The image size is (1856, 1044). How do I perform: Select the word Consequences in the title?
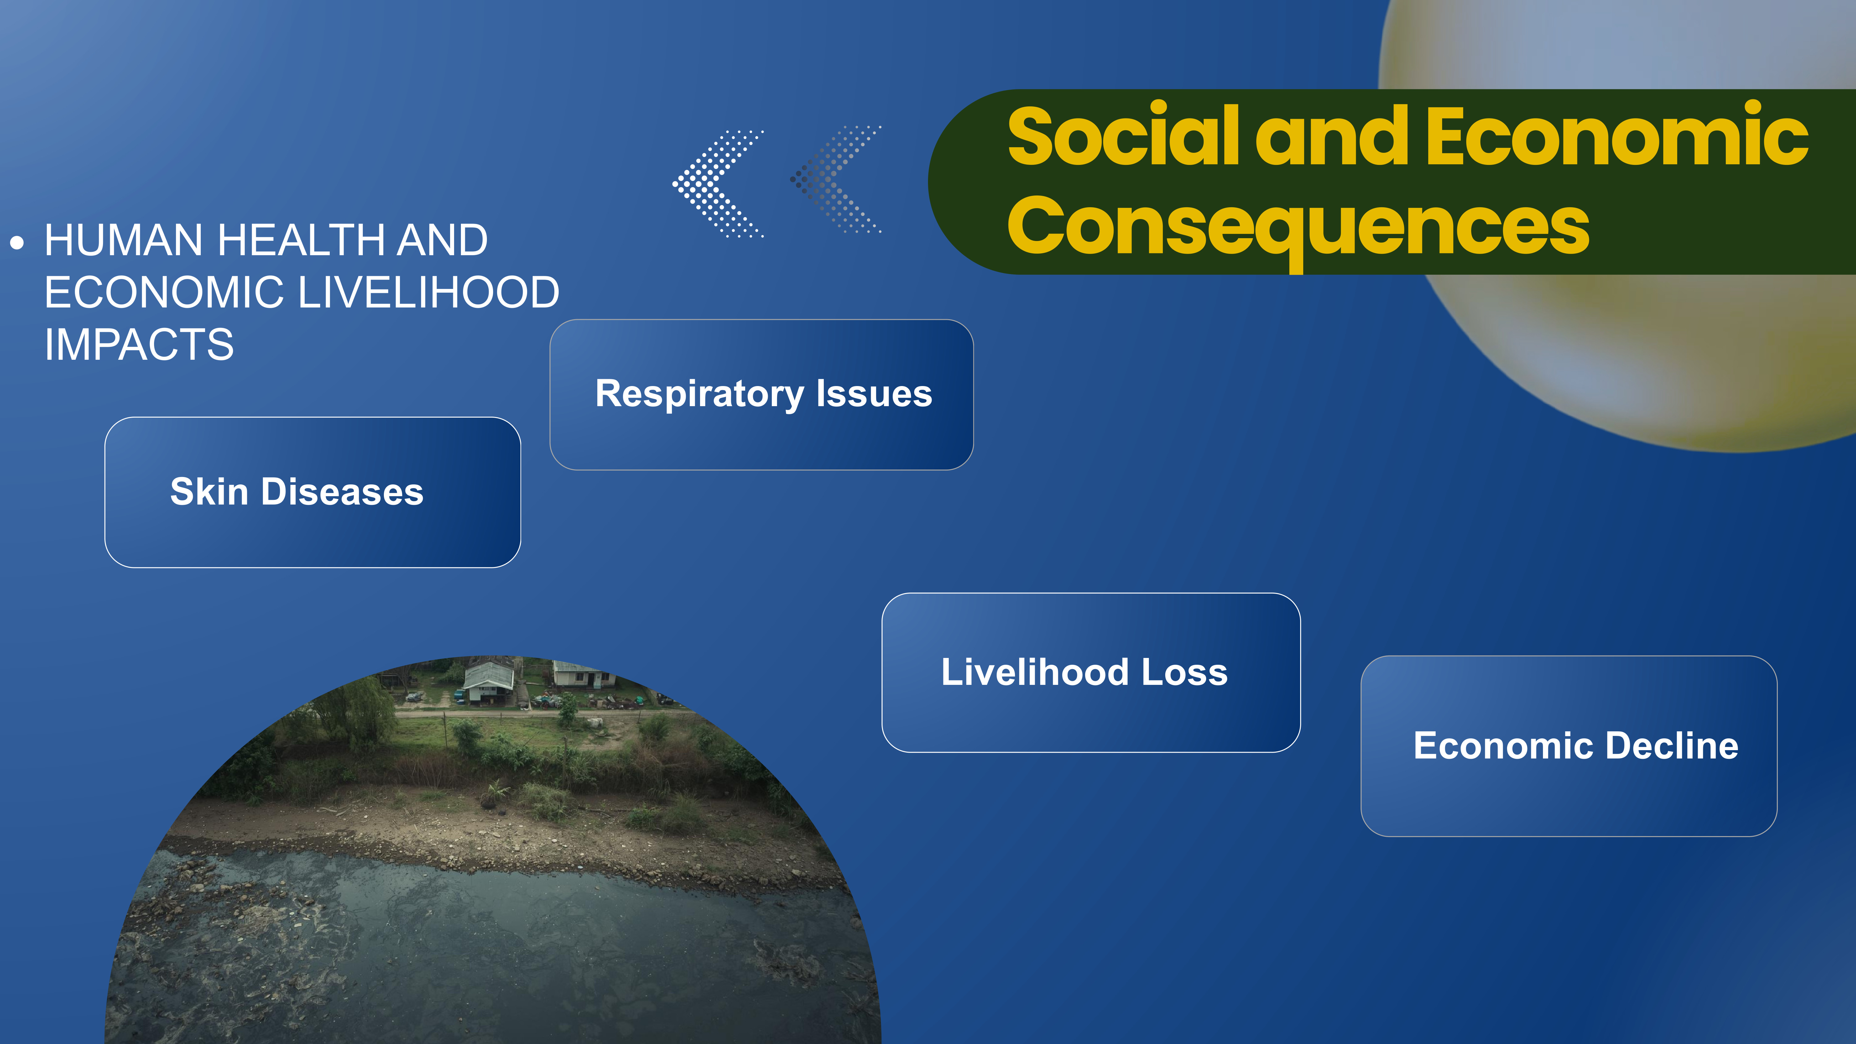point(1298,227)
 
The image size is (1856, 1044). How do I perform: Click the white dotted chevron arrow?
point(718,184)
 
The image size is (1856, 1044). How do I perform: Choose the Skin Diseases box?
point(313,492)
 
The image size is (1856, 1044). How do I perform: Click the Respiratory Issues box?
point(762,395)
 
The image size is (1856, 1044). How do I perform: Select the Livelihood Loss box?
point(1091,672)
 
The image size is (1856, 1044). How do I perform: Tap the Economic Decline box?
point(1569,746)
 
